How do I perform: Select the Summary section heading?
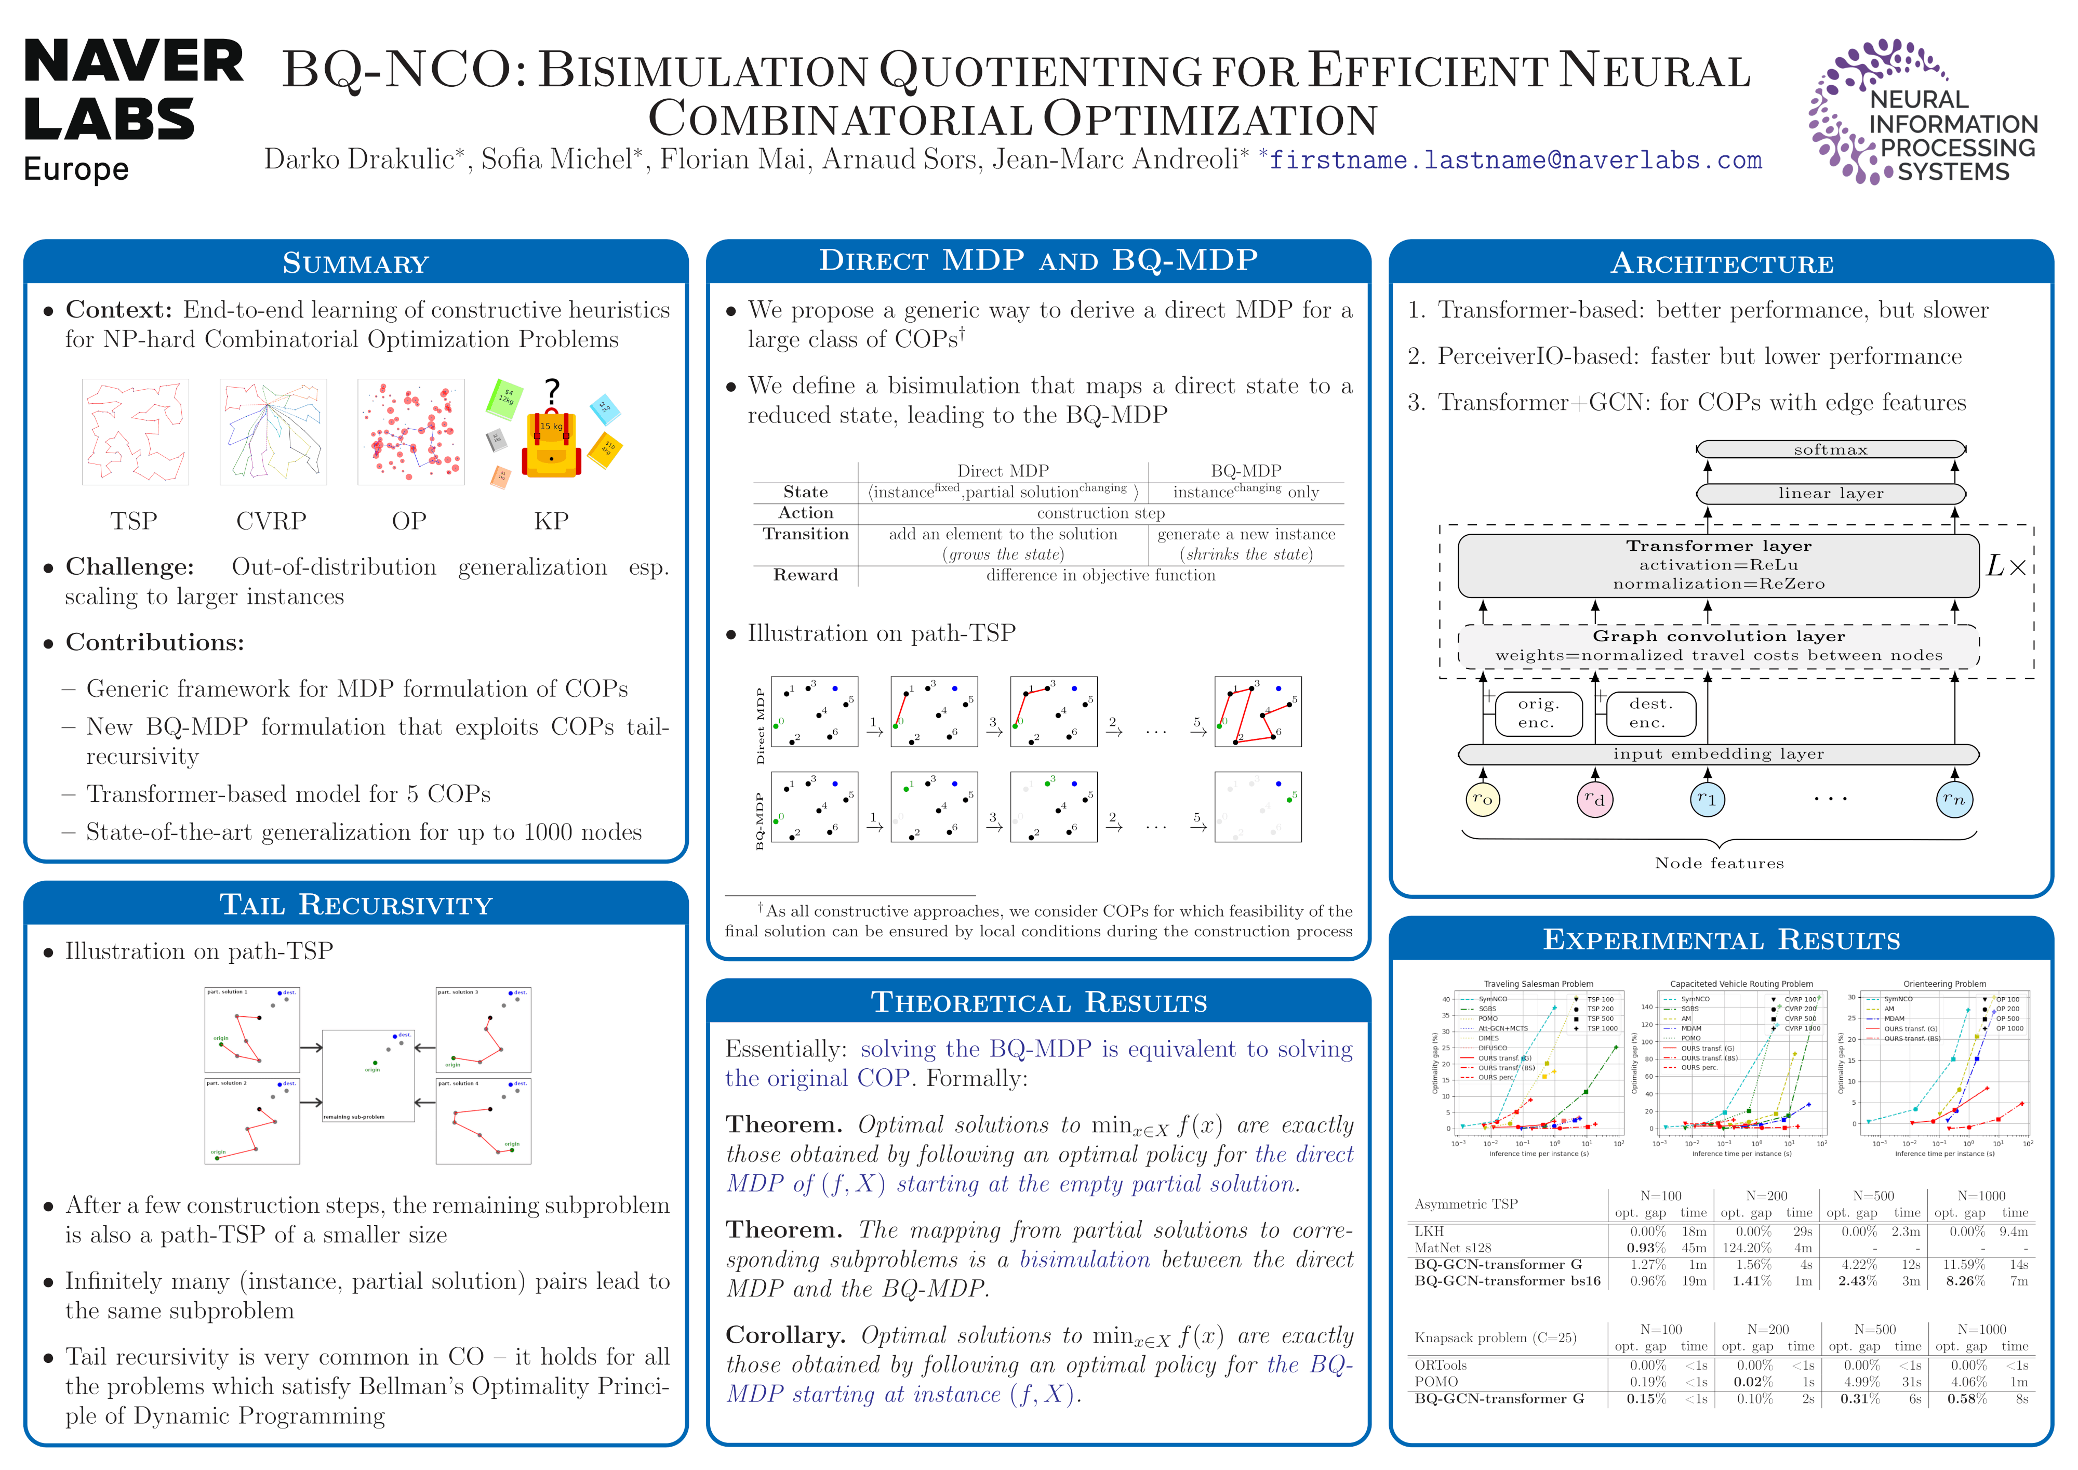pyautogui.click(x=356, y=263)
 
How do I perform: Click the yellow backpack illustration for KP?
pyautogui.click(x=551, y=441)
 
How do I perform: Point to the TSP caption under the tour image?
pyautogui.click(x=134, y=521)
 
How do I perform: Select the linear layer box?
pyautogui.click(x=1830, y=493)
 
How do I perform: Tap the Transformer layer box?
pyautogui.click(x=1718, y=565)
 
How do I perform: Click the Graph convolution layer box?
pyautogui.click(x=1718, y=645)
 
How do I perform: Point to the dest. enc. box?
pyautogui.click(x=1650, y=713)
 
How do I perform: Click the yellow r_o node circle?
pyautogui.click(x=1483, y=799)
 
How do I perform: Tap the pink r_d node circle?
pyautogui.click(x=1595, y=799)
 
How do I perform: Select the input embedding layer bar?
pyautogui.click(x=1718, y=754)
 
